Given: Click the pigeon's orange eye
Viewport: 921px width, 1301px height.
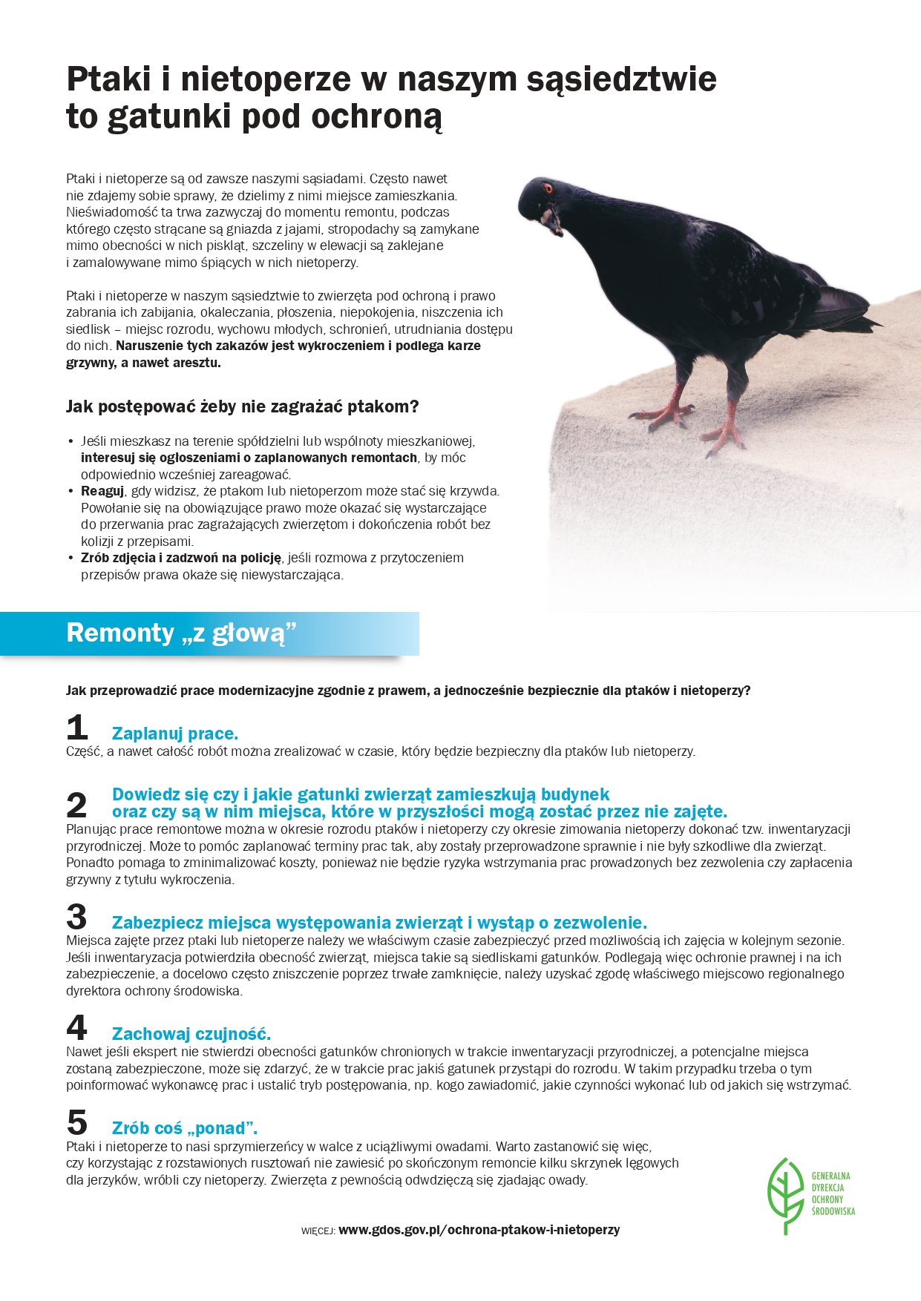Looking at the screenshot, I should (548, 188).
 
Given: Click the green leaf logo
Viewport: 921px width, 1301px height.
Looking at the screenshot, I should (786, 1194).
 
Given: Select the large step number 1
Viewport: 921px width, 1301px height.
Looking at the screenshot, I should (77, 728).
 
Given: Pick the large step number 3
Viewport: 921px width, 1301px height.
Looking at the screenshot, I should (77, 917).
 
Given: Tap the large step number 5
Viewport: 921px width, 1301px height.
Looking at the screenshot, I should (77, 1122).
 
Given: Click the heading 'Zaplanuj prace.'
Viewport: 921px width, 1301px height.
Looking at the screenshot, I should (175, 734).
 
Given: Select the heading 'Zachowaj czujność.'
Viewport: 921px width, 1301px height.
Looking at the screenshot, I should (191, 1033).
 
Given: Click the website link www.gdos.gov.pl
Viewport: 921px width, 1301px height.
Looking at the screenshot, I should (479, 1230).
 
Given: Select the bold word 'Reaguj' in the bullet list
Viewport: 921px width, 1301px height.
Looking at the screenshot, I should (102, 491).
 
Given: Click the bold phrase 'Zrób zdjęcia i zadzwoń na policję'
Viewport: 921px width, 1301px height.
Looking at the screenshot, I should (182, 558).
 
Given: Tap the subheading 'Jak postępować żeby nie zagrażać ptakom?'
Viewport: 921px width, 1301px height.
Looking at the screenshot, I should (243, 406).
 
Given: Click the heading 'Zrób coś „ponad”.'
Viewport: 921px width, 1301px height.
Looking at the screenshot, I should (185, 1128).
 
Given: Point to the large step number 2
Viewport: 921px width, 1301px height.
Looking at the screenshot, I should (77, 805).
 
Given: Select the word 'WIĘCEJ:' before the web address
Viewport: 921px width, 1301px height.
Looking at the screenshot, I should (318, 1231).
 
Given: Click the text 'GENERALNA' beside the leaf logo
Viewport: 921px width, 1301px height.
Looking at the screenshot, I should (830, 1176).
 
